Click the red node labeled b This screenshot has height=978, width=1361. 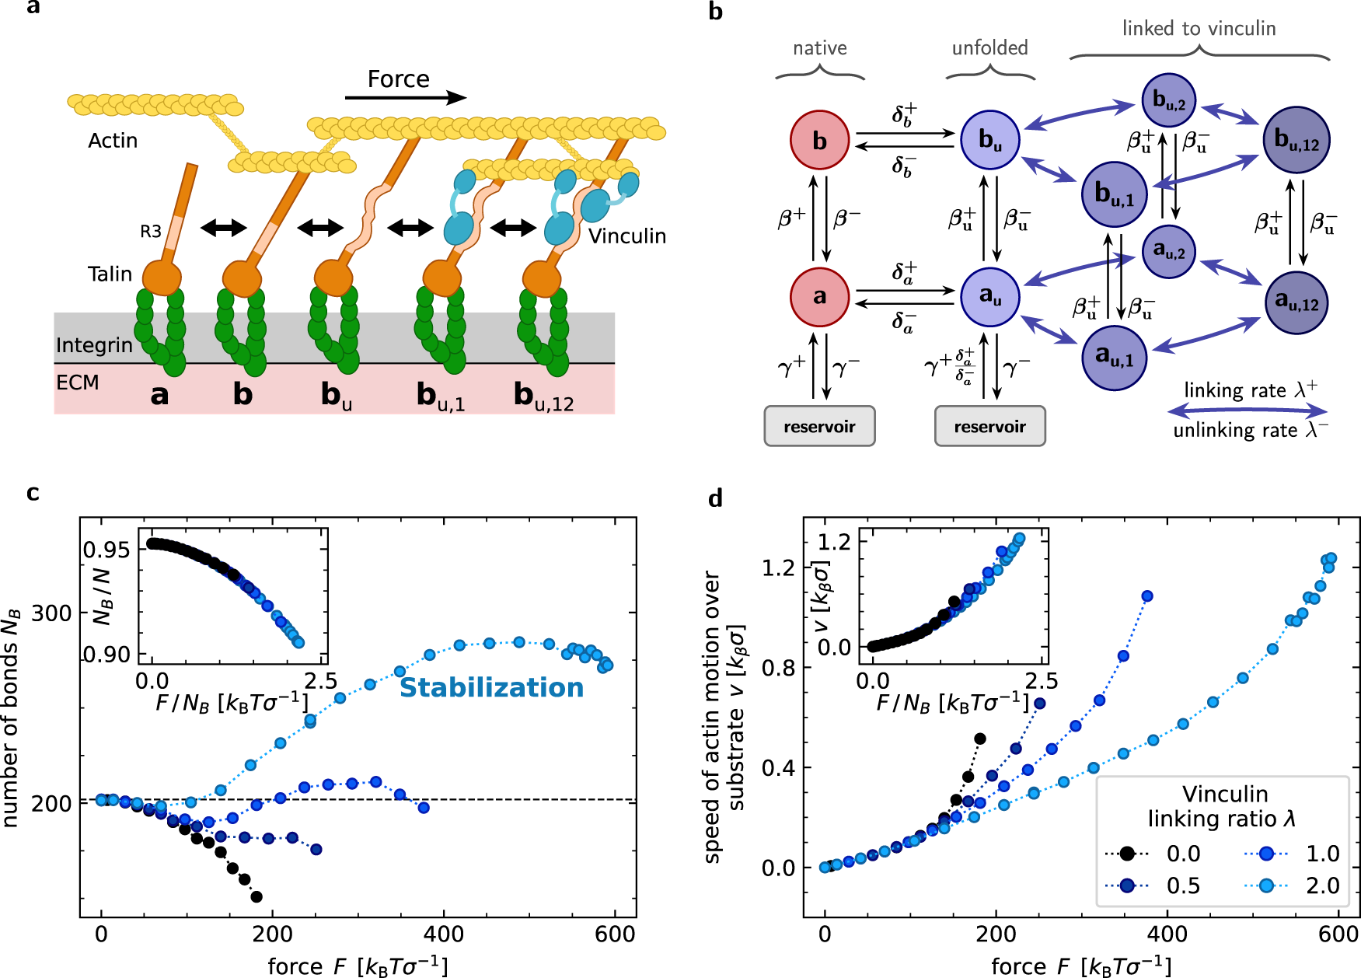pyautogui.click(x=819, y=140)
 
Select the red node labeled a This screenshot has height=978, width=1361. pyautogui.click(x=819, y=296)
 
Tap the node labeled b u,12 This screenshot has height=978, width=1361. pyautogui.click(x=1296, y=140)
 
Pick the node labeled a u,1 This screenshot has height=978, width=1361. pyautogui.click(x=1114, y=357)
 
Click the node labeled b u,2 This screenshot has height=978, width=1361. pyautogui.click(x=1168, y=100)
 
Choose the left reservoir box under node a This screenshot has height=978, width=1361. pyautogui.click(x=819, y=426)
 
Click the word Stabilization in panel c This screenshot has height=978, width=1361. pyautogui.click(x=491, y=687)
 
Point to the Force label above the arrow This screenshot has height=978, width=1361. pyautogui.click(x=398, y=79)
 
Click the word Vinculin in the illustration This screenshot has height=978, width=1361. pyautogui.click(x=626, y=236)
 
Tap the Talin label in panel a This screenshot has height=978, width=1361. pyautogui.click(x=110, y=274)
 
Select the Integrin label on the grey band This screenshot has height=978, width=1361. pyautogui.click(x=94, y=345)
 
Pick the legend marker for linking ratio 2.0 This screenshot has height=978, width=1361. pyautogui.click(x=1266, y=885)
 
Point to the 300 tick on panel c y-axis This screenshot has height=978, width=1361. pyautogui.click(x=51, y=613)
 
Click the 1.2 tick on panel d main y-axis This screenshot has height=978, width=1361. pyautogui.click(x=778, y=568)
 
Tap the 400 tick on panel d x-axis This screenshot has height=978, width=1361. pyautogui.click(x=1167, y=934)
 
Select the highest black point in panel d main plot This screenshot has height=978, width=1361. pyautogui.click(x=980, y=739)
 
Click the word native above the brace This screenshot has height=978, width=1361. pyautogui.click(x=819, y=48)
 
